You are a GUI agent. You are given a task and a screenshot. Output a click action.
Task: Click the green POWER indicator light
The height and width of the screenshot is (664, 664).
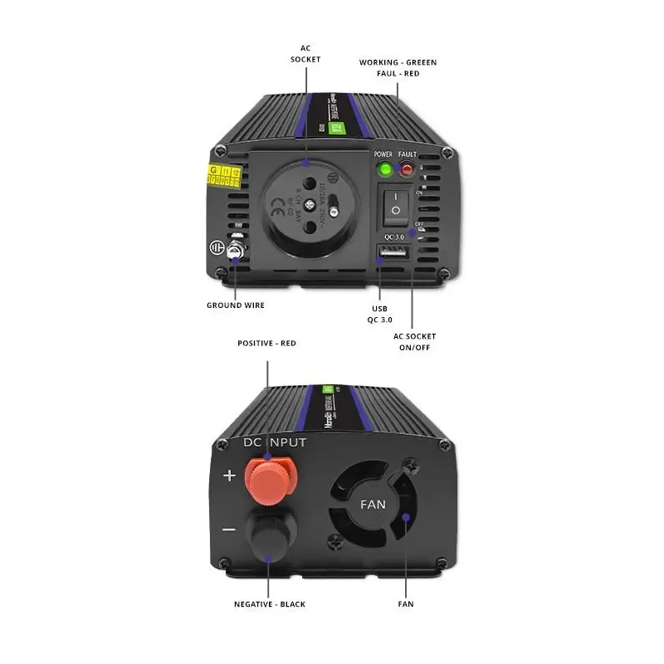coord(384,170)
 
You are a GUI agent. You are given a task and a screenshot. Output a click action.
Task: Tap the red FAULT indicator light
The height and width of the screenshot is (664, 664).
coord(408,170)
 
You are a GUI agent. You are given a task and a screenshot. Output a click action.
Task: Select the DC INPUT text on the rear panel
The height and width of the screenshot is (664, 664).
coord(275,442)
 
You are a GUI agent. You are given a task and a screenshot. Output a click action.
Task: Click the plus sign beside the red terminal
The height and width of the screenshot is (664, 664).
coord(230,476)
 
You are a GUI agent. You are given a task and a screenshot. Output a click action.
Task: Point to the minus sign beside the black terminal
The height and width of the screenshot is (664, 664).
coord(229,530)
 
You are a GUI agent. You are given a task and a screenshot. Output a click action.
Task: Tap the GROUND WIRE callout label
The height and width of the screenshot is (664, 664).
coord(236,305)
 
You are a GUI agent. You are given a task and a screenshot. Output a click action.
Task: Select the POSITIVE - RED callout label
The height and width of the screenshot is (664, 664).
coord(266,343)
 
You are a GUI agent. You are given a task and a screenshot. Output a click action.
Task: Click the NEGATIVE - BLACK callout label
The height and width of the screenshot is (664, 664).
coord(268,604)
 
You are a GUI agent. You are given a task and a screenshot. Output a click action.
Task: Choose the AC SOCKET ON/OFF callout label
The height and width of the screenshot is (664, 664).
coord(415,341)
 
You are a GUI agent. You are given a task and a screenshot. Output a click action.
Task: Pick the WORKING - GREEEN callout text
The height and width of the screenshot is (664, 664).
coord(398,62)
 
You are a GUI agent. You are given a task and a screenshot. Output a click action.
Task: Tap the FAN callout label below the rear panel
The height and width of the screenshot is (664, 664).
coord(405,604)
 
